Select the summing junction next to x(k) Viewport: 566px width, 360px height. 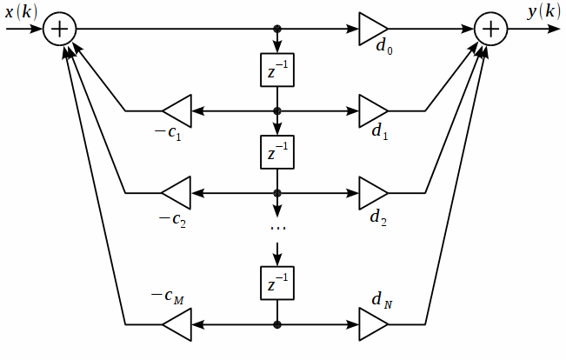(x=60, y=29)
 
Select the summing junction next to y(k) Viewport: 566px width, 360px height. (x=492, y=29)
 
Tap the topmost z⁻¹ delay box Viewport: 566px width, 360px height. (x=278, y=70)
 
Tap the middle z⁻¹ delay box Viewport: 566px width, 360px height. (x=278, y=153)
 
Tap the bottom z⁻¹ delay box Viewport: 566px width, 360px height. (x=278, y=283)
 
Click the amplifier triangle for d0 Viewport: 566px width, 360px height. (x=373, y=29)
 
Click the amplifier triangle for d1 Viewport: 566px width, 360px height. (x=373, y=111)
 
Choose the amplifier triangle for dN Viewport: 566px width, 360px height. (x=373, y=324)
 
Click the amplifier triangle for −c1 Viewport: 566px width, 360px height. (x=177, y=111)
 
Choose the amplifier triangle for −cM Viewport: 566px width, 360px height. (x=177, y=324)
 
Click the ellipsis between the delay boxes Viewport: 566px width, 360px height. (x=278, y=228)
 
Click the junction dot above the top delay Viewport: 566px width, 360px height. (x=278, y=29)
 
